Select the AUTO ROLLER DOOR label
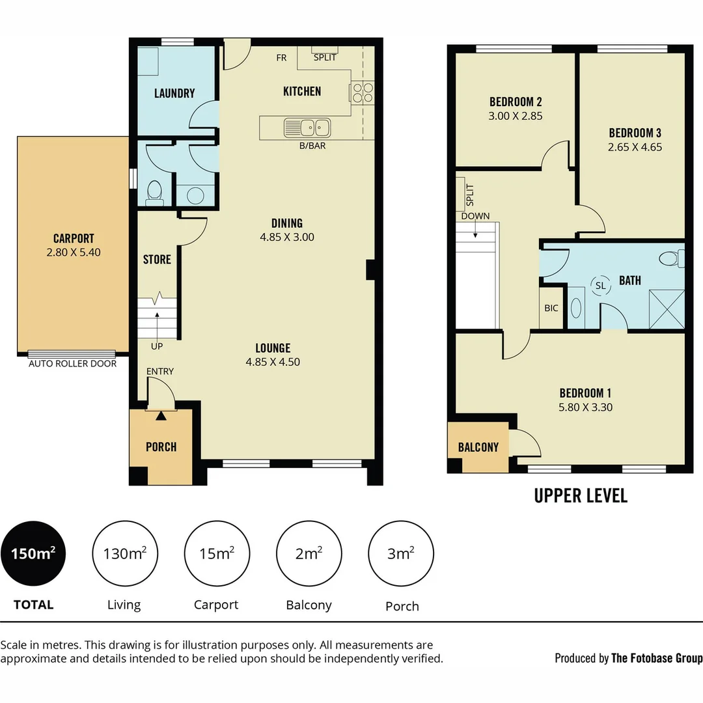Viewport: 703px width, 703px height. click(x=73, y=364)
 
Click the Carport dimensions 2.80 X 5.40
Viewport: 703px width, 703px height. click(x=74, y=252)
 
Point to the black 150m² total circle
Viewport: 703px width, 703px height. click(x=33, y=554)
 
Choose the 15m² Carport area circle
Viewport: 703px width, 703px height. click(x=217, y=554)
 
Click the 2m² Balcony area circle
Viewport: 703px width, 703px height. click(x=309, y=554)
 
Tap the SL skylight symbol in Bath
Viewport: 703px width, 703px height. click(x=600, y=285)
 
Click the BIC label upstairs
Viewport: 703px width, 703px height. click(x=551, y=309)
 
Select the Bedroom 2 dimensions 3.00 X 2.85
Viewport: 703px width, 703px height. click(x=516, y=116)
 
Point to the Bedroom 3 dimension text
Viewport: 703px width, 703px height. click(x=635, y=147)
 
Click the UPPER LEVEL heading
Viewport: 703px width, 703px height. click(x=581, y=495)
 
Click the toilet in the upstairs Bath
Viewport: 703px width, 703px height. click(x=670, y=258)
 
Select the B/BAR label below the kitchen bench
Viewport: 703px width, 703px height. click(x=312, y=146)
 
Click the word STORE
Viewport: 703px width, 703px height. click(x=157, y=260)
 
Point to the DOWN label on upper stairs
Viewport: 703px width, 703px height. click(x=475, y=216)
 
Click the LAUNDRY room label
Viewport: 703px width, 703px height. click(x=174, y=93)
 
